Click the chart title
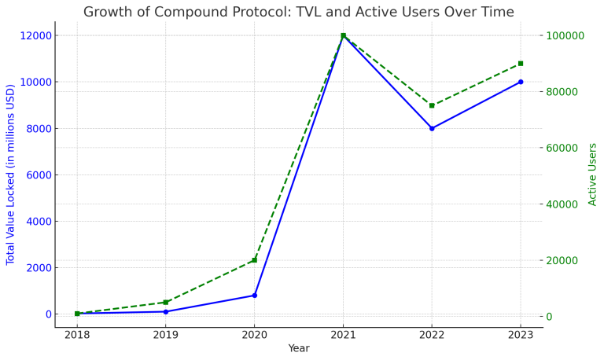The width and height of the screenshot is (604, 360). click(x=298, y=12)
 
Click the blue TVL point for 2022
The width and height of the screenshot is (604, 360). click(x=432, y=128)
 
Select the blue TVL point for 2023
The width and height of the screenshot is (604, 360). click(x=521, y=82)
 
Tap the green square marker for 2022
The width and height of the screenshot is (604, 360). click(x=432, y=105)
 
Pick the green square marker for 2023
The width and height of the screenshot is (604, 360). click(x=521, y=64)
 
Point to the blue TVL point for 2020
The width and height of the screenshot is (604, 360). click(x=254, y=296)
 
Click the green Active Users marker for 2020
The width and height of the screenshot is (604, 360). click(x=254, y=260)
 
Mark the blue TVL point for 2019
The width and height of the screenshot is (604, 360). click(x=166, y=312)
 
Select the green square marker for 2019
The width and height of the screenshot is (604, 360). click(x=166, y=302)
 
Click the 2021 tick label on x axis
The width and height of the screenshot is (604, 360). click(x=343, y=335)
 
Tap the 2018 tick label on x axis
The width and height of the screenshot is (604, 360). click(x=77, y=335)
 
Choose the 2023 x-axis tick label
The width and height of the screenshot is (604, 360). click(x=521, y=335)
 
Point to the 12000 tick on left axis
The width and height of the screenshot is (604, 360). click(x=37, y=35)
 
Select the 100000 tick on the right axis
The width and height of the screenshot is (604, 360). click(x=565, y=35)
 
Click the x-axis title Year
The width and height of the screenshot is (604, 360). click(x=299, y=348)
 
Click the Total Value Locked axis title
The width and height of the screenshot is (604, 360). click(x=11, y=174)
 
